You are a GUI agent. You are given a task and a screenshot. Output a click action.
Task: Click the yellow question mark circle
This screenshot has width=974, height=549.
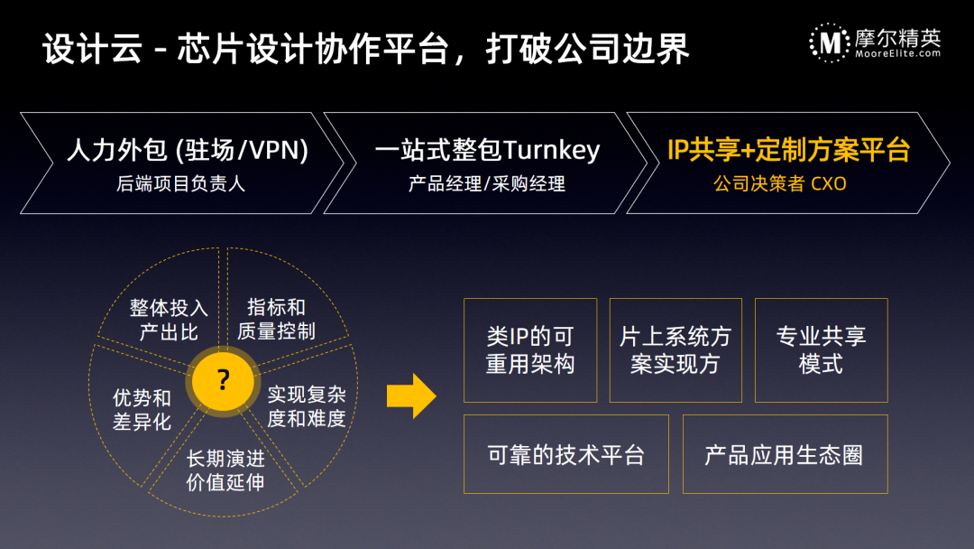223,380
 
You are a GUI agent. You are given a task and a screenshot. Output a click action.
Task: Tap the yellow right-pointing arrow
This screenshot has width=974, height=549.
411,396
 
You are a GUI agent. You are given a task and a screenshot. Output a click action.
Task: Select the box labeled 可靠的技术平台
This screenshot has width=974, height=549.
565,454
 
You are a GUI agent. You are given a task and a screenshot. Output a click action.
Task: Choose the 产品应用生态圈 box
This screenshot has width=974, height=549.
785,454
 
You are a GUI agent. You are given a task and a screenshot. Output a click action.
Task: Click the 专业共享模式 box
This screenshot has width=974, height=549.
821,350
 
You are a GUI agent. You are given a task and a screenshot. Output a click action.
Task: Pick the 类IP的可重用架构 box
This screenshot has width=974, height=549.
530,350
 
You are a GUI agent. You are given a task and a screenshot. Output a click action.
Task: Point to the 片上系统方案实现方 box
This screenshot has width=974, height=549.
675,350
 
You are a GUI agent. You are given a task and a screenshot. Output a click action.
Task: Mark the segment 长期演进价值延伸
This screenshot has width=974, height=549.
225,470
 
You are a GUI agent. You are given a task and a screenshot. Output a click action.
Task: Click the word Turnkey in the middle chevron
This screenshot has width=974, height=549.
552,150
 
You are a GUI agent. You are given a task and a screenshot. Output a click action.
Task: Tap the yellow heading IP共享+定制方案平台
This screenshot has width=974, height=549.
788,150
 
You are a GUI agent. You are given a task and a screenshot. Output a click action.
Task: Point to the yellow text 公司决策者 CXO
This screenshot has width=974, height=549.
779,184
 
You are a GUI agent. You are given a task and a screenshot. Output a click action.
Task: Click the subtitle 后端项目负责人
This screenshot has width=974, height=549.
181,184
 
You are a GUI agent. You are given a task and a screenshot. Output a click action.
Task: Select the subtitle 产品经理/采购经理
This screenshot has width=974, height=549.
486,184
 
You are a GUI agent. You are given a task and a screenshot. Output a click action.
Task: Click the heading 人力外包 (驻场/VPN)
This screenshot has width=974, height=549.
188,150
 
